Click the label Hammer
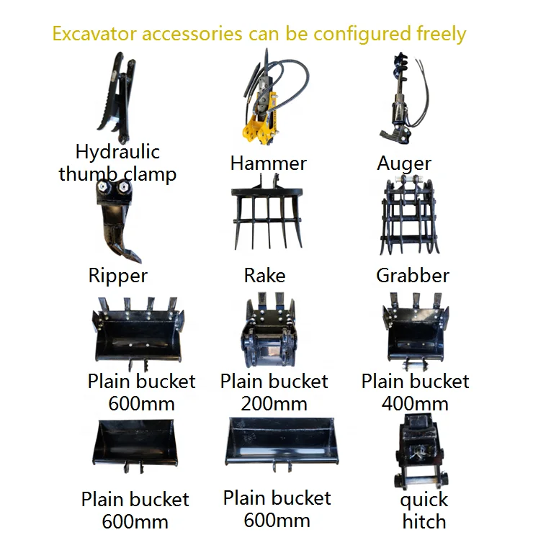tap(268, 163)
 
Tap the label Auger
tap(404, 163)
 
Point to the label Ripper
tap(117, 276)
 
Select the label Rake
tap(264, 276)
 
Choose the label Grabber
tap(413, 276)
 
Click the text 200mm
tap(274, 403)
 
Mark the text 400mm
tap(415, 403)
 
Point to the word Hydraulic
tap(117, 152)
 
